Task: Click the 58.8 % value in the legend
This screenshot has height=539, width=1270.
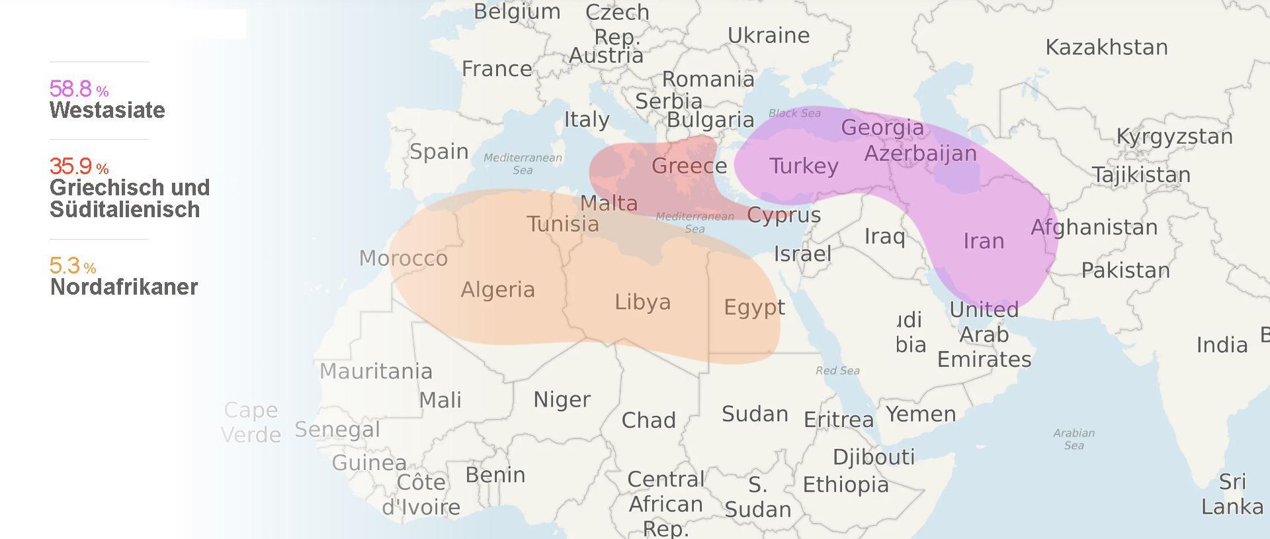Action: pos(78,89)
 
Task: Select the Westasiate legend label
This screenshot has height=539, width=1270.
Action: pos(107,110)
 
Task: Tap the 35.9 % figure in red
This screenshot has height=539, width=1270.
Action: pos(78,166)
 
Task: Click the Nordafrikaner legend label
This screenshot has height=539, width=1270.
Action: pos(124,287)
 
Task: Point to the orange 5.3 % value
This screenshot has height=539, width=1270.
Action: pos(72,266)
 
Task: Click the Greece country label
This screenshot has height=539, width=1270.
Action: pos(689,166)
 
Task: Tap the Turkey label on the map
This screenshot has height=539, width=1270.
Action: pos(803,166)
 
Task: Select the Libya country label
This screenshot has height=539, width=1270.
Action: pos(642,302)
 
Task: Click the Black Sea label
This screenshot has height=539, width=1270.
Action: pos(794,113)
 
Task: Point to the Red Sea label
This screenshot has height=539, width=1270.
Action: pos(837,371)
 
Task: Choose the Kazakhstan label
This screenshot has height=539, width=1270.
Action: pos(1106,47)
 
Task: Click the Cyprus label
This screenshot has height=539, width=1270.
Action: pos(783,215)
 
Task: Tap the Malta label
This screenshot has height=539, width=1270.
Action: pos(609,203)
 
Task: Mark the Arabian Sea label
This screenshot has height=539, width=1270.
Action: pos(1074,439)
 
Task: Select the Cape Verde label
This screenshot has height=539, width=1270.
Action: pos(251,422)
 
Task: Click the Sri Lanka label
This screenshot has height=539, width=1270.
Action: pos(1232,494)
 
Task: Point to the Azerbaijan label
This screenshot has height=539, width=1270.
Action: pos(920,154)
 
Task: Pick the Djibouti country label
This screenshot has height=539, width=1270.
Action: pos(873,457)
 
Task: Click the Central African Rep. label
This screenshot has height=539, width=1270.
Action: pos(665,503)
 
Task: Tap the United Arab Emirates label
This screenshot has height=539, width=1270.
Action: pos(984,334)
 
